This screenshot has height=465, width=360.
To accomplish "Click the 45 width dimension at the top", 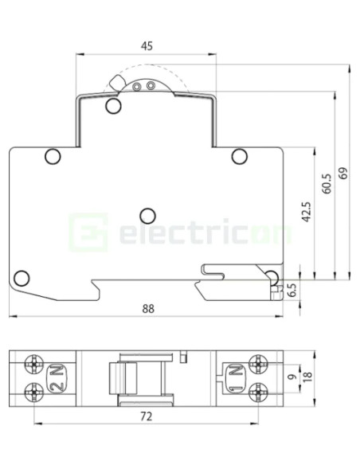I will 147,46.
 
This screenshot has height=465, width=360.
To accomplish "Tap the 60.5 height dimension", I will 326,186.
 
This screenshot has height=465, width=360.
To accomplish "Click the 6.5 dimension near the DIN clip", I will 292,290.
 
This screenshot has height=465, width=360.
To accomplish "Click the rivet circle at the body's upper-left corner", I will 52,155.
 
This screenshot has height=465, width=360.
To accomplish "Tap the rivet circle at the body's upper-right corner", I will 239,155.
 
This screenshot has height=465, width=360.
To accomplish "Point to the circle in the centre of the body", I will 147,215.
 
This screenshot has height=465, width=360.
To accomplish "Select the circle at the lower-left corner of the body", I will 22,278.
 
